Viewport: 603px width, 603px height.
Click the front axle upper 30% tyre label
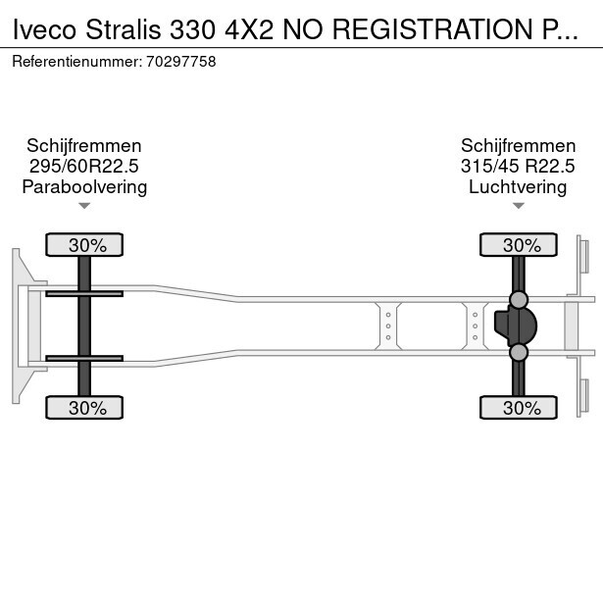pyautogui.click(x=85, y=245)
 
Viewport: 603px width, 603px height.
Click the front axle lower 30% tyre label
pyautogui.click(x=85, y=408)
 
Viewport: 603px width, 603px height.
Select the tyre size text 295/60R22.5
pyautogui.click(x=84, y=167)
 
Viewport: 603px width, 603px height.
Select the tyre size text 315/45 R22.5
pyautogui.click(x=518, y=167)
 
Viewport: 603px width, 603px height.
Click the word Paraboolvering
pyautogui.click(x=84, y=187)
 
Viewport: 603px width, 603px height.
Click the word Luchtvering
pyautogui.click(x=518, y=187)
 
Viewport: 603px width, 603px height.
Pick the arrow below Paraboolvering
pyautogui.click(x=84, y=206)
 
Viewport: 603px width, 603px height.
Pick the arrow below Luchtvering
pyautogui.click(x=518, y=206)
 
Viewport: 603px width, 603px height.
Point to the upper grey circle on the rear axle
pyautogui.click(x=519, y=300)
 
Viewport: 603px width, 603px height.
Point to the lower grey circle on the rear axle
pyautogui.click(x=519, y=352)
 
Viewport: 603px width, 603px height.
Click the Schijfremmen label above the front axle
pyautogui.click(x=84, y=146)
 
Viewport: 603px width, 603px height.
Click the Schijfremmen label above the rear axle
pyautogui.click(x=518, y=146)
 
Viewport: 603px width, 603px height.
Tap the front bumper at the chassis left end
pyautogui.click(x=17, y=326)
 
